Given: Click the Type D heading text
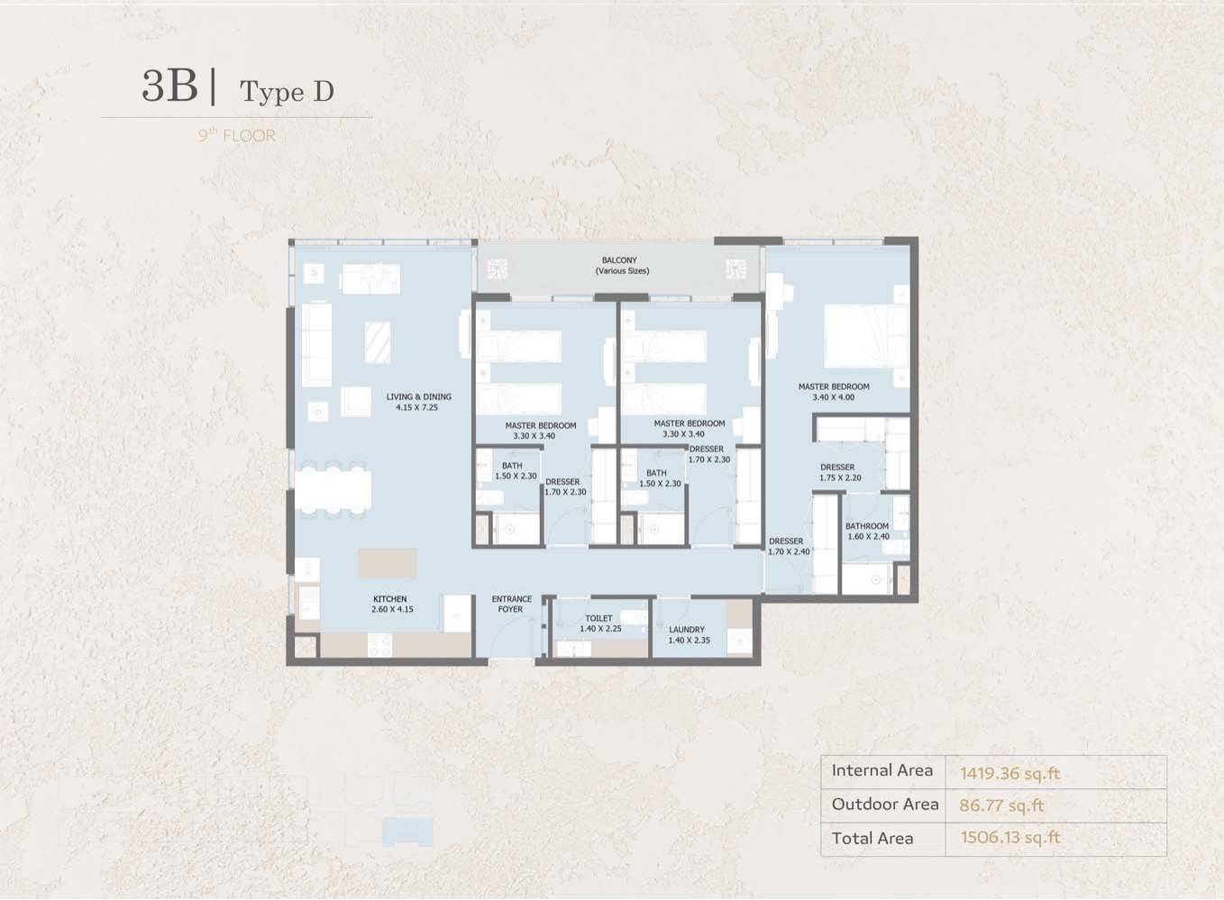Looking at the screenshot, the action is (287, 92).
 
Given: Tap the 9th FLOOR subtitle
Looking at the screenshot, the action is (237, 135).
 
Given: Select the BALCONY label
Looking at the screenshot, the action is (619, 260).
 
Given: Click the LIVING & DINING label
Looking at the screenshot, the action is (418, 396).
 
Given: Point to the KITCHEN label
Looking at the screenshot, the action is (389, 598).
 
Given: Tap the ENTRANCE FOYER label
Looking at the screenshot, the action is (511, 604).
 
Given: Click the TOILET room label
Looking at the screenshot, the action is (598, 618).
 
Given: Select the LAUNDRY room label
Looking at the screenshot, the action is (687, 629).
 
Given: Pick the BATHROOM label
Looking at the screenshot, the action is (867, 526).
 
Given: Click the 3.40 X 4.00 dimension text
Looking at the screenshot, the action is (834, 397).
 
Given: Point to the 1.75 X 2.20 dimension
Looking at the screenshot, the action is (840, 477).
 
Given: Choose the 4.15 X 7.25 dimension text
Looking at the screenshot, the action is (417, 407).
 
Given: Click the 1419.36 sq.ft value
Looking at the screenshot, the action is (1009, 773).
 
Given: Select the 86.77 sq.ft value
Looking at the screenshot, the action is (1001, 805).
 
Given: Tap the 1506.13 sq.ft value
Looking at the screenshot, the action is (1011, 838).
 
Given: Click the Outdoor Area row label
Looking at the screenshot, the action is (885, 804).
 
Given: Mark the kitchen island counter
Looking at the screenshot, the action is (388, 564).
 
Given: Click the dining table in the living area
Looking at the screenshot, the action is (333, 489).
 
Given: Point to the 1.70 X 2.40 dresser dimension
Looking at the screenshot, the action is (789, 551).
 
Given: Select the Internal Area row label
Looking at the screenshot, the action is (881, 770).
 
